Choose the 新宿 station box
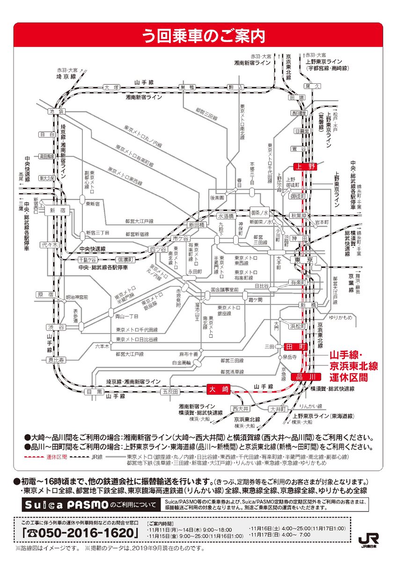pos(55,211)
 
